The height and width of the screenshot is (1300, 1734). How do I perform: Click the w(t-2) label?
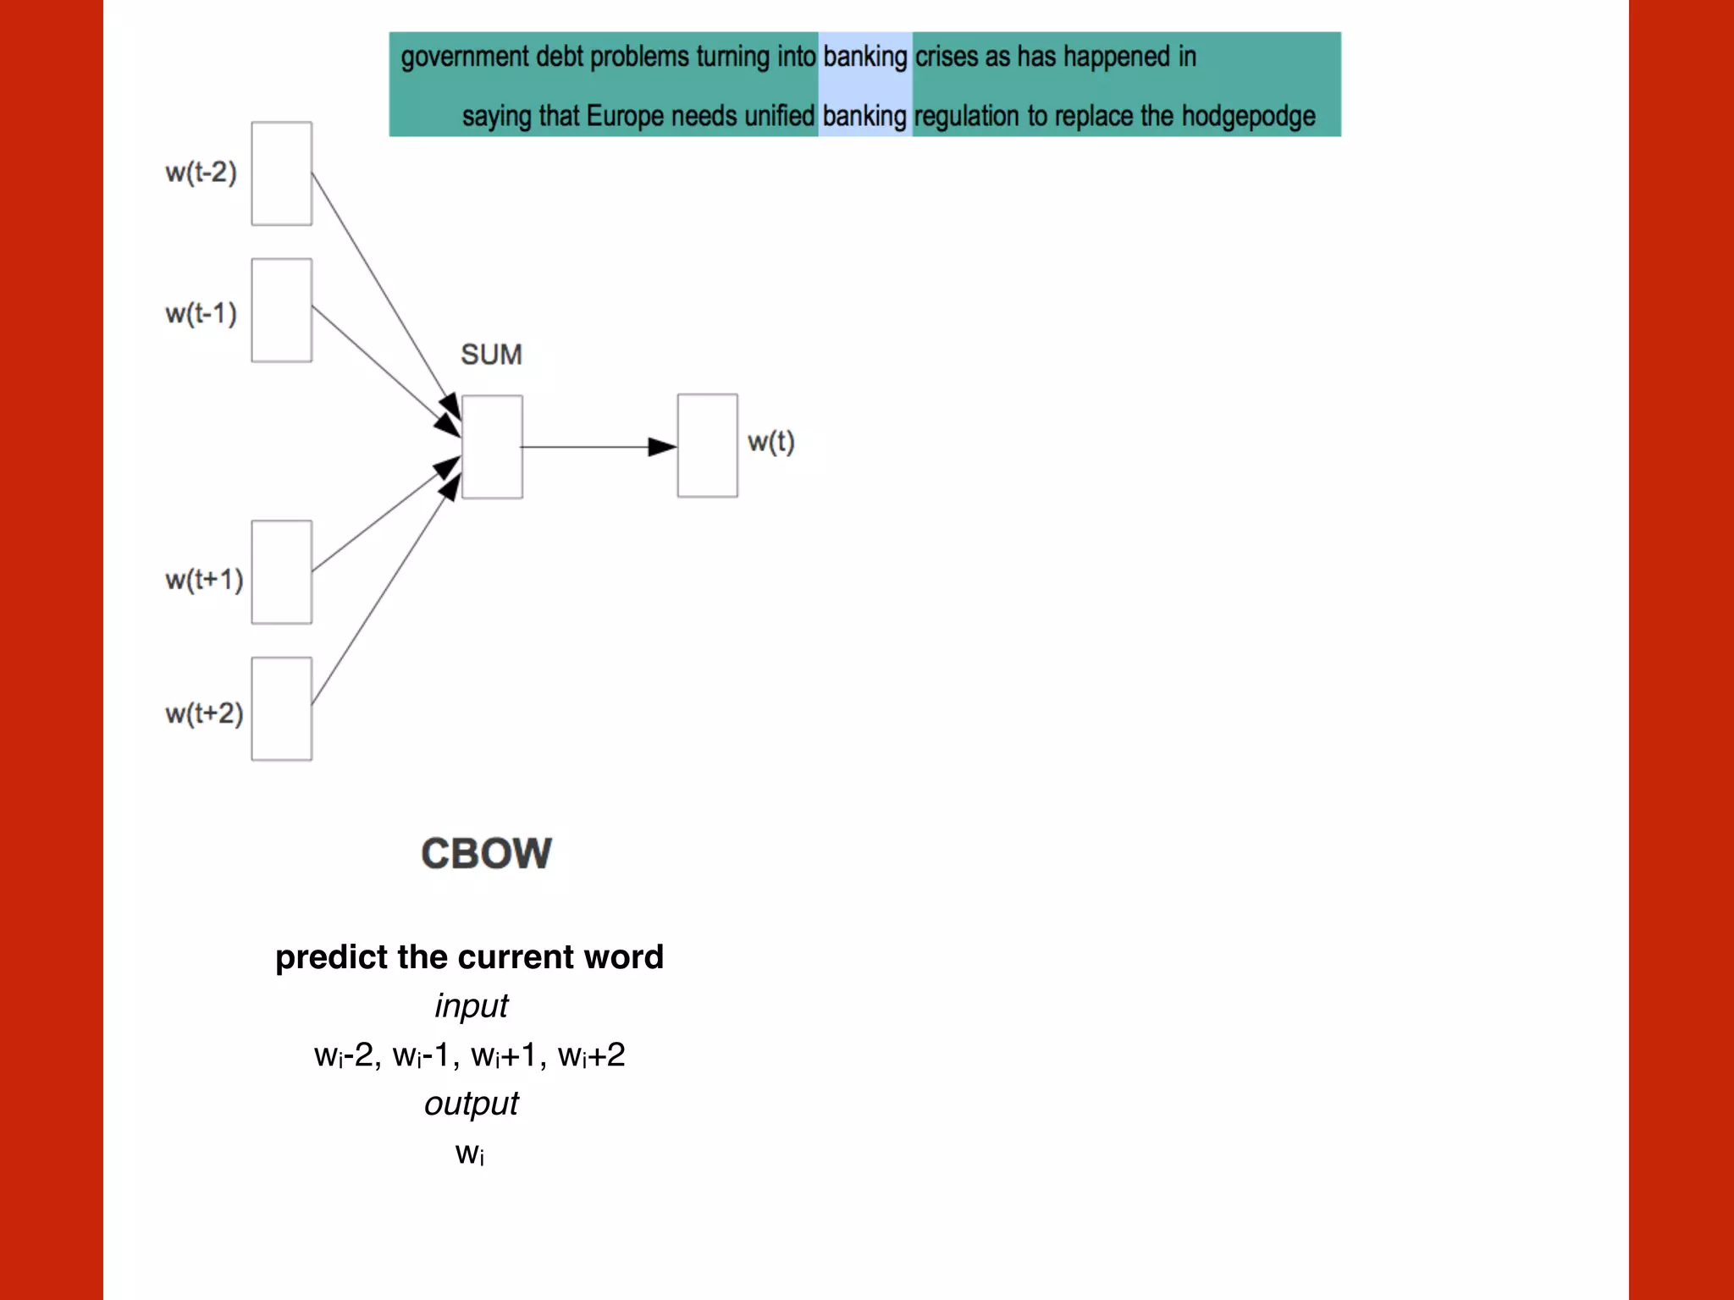(201, 173)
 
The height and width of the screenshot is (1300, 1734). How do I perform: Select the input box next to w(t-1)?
(281, 311)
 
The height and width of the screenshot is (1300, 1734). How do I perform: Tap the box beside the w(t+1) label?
(281, 572)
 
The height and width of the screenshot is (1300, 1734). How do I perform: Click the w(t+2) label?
(204, 713)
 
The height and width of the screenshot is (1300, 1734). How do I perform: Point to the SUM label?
(491, 355)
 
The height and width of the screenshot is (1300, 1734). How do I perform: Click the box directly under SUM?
(492, 447)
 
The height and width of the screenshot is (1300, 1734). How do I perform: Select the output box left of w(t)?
(707, 445)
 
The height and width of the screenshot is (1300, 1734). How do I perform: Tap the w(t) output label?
(770, 442)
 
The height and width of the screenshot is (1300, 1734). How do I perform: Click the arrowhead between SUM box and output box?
(661, 446)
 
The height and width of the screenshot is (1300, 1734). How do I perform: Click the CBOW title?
(486, 853)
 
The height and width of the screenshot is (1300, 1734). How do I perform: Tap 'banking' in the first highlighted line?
(864, 57)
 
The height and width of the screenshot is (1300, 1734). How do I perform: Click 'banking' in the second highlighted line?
(864, 116)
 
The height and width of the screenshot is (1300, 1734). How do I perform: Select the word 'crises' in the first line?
(946, 57)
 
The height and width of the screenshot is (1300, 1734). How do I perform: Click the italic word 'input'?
(471, 1005)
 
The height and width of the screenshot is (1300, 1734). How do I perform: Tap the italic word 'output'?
(471, 1104)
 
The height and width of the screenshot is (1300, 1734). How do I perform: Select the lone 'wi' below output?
(470, 1154)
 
